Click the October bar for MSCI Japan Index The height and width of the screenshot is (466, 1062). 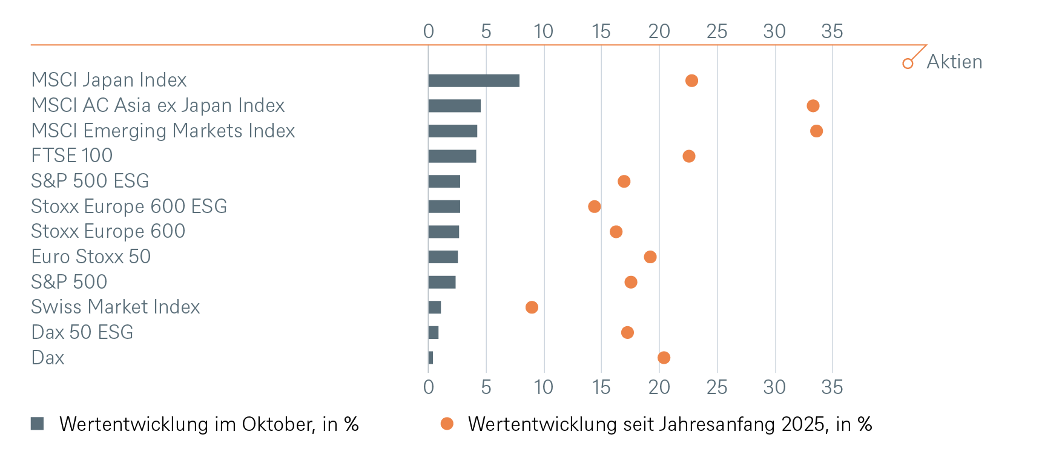coord(473,80)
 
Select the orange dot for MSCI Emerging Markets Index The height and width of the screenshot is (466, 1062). coord(816,131)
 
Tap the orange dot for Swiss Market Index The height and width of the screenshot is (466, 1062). coord(532,307)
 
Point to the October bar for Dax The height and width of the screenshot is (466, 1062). coord(430,358)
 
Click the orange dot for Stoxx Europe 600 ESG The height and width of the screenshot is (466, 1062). coord(595,206)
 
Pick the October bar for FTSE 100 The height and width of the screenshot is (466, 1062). coord(452,156)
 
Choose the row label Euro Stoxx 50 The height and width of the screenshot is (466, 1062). coord(91,257)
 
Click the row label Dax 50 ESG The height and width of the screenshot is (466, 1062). coord(82,332)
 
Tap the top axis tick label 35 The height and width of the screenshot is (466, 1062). coord(832,31)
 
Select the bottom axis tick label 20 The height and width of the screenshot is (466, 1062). coord(659,387)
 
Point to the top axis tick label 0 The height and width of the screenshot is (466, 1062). coord(428,31)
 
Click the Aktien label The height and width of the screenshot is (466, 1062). coord(954,62)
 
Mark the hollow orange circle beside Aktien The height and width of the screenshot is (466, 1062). coord(908,63)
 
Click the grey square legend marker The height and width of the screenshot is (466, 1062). coord(37,424)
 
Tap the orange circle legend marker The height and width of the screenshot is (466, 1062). coord(447,424)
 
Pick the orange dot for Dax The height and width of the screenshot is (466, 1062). coord(664,358)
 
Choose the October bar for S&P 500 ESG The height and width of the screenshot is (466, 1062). coord(444,182)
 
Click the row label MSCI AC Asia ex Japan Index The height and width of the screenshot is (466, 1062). coord(158,105)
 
